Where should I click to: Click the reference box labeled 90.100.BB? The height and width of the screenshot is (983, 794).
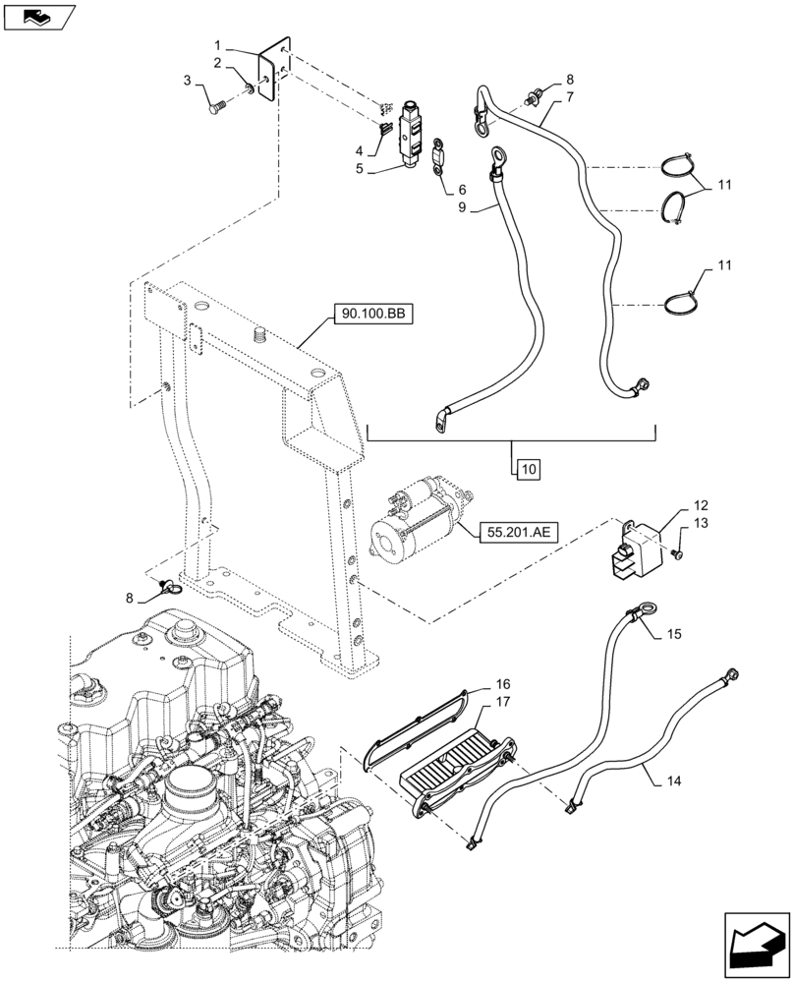pyautogui.click(x=372, y=316)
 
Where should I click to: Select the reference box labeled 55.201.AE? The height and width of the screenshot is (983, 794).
pyautogui.click(x=519, y=534)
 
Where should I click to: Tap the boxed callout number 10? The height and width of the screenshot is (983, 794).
pyautogui.click(x=528, y=469)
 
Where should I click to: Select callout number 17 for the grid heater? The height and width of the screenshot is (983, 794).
pyautogui.click(x=502, y=703)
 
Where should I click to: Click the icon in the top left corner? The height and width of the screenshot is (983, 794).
pyautogui.click(x=38, y=16)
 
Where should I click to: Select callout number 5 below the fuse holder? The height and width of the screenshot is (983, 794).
pyautogui.click(x=360, y=169)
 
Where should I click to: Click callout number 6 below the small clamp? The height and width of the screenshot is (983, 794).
pyautogui.click(x=462, y=188)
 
